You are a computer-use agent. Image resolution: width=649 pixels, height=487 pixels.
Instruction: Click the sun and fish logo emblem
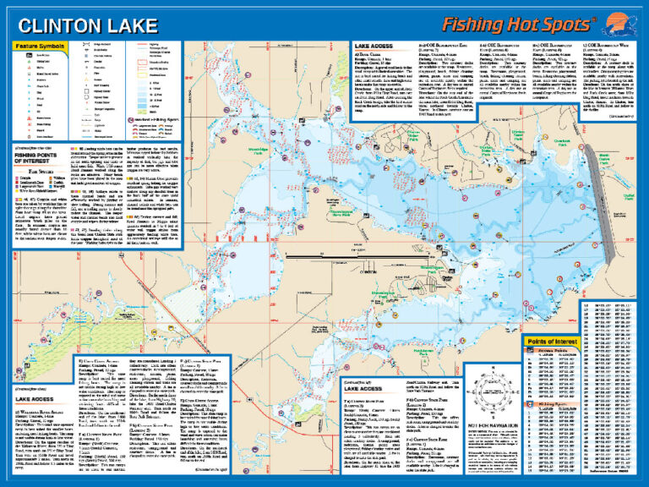coord(613,22)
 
